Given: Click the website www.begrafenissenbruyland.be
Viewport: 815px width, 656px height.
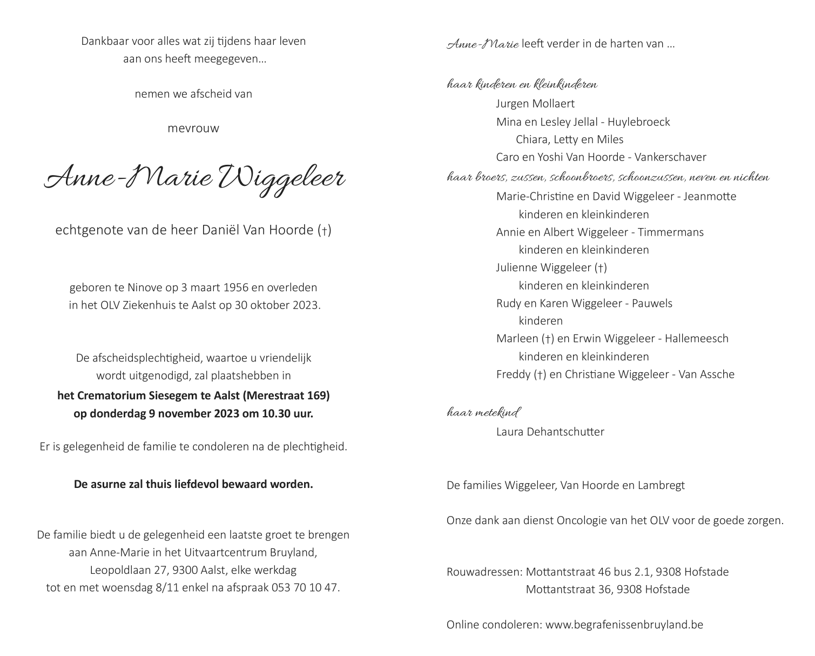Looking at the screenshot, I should (624, 625).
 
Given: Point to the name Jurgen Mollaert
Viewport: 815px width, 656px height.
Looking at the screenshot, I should (535, 104).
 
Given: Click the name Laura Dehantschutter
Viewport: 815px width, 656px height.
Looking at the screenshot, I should (550, 432).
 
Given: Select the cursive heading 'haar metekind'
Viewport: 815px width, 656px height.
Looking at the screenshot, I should (483, 413).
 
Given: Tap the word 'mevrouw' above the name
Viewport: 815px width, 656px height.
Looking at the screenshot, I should (193, 129).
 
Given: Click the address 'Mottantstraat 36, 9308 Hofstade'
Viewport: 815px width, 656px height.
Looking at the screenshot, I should (608, 590).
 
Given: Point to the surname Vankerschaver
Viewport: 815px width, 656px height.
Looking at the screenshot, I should (670, 157).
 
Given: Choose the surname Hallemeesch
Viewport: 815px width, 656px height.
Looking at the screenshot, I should (697, 339).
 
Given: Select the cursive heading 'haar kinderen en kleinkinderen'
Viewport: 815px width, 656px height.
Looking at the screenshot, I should (522, 85).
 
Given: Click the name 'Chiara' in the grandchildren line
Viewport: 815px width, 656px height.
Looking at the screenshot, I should (531, 139).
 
